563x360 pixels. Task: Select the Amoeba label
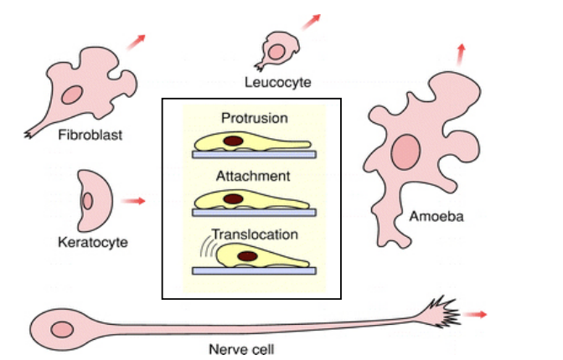pyautogui.click(x=436, y=217)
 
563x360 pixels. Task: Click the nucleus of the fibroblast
pyautogui.click(x=71, y=95)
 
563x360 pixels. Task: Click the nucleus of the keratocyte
pyautogui.click(x=87, y=201)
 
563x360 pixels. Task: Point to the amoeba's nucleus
pyautogui.click(x=406, y=152)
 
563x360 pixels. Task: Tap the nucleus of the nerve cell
pyautogui.click(x=61, y=327)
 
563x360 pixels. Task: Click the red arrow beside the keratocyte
pyautogui.click(x=133, y=201)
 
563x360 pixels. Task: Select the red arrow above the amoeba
pyautogui.click(x=459, y=54)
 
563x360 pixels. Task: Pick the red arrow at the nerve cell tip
pyautogui.click(x=475, y=314)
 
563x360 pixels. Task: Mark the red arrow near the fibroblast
pyautogui.click(x=137, y=42)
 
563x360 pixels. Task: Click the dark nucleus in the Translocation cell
pyautogui.click(x=247, y=255)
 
